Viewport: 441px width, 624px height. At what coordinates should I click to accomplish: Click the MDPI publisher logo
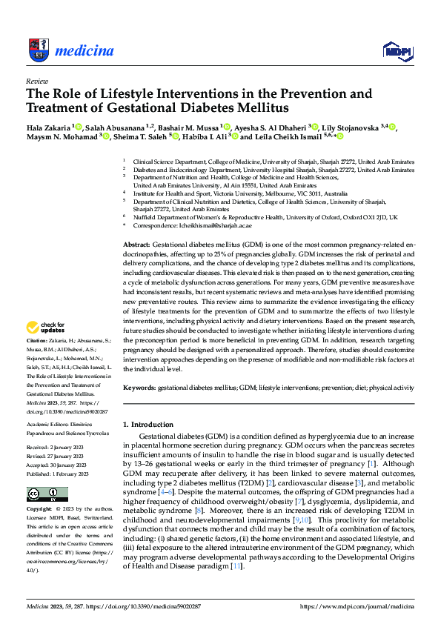click(x=397, y=50)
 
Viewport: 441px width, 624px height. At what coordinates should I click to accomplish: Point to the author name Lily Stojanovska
click(x=355, y=128)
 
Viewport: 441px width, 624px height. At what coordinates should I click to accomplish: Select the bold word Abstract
click(x=136, y=244)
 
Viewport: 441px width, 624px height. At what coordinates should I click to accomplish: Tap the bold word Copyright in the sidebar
click(x=39, y=489)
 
